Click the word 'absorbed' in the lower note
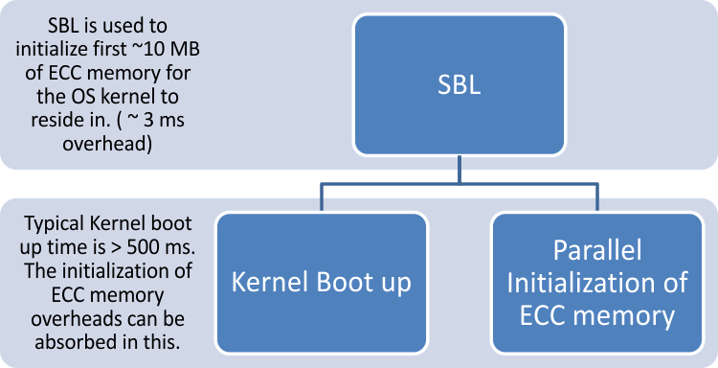tap(64, 341)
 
